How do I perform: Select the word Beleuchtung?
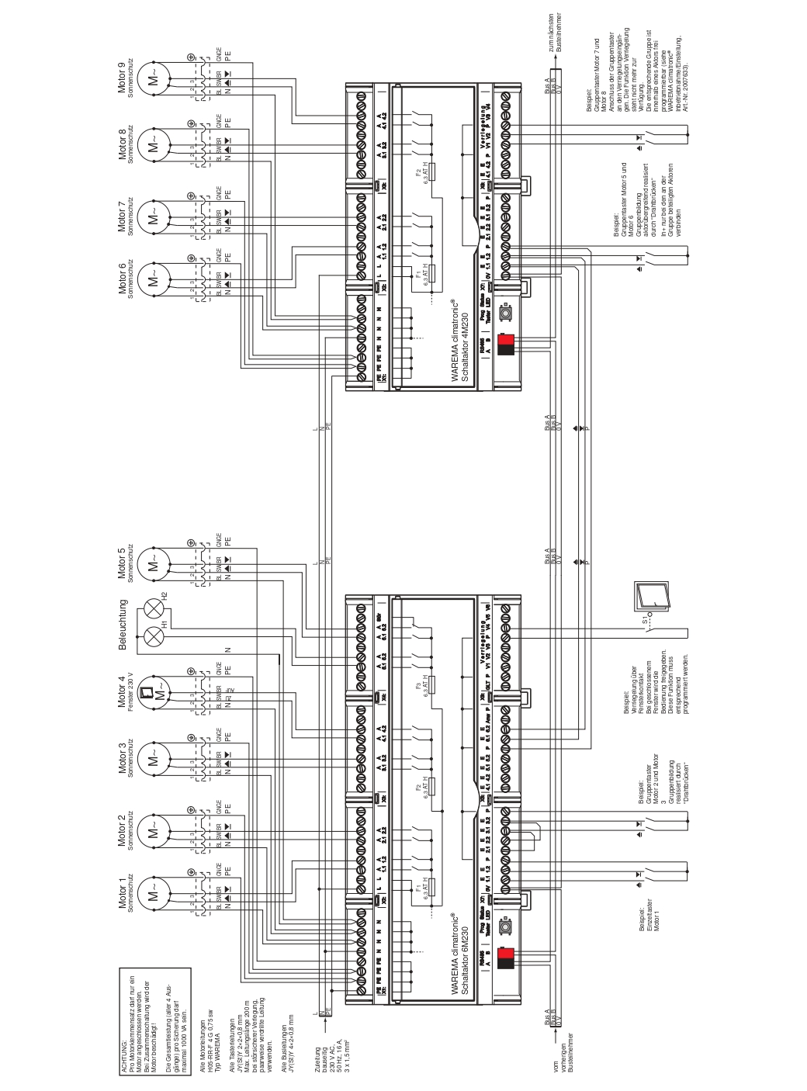[x=122, y=625]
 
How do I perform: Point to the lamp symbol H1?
[x=153, y=636]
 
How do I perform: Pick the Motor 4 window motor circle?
[x=153, y=690]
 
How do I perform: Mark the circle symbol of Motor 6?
[x=153, y=275]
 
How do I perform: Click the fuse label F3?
[x=418, y=686]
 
